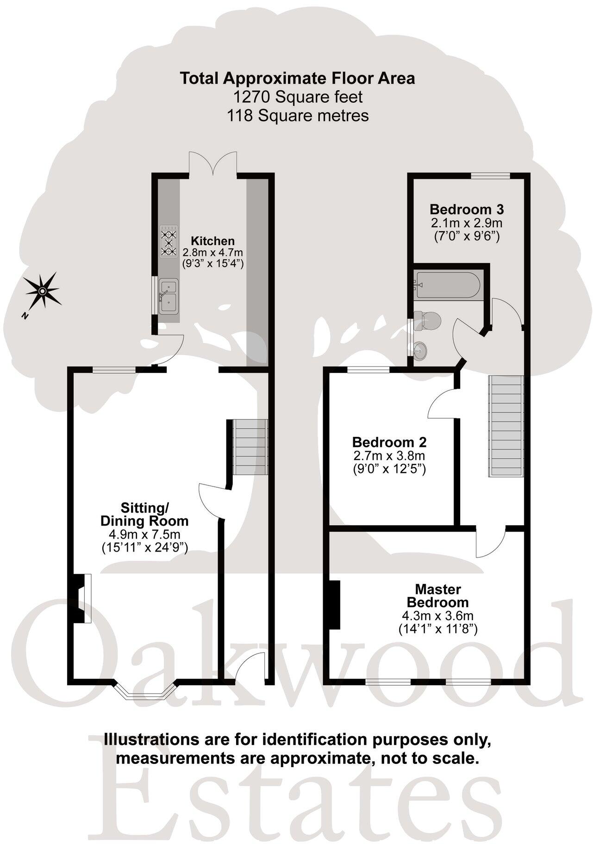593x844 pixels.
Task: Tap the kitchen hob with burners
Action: [169, 241]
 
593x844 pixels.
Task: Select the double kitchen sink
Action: [168, 296]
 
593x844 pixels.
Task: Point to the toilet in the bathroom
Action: [429, 320]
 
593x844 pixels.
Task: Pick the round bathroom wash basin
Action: [422, 348]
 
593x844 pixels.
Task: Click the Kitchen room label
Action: [213, 241]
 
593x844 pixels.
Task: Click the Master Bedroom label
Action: [437, 596]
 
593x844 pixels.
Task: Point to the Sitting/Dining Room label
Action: [144, 514]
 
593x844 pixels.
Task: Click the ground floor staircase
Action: [250, 447]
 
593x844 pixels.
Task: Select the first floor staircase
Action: [506, 426]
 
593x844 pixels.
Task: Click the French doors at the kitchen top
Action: [213, 164]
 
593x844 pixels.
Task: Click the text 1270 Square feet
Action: [298, 97]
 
